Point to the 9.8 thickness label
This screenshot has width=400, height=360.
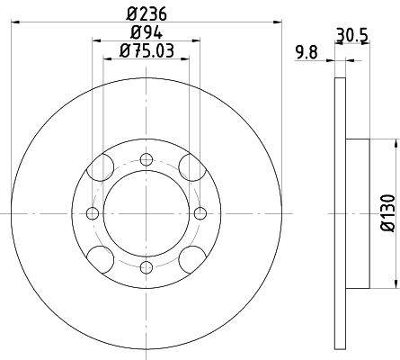[x=308, y=52]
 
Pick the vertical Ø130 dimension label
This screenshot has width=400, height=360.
[x=387, y=214]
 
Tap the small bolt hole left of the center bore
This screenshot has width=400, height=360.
[x=93, y=213]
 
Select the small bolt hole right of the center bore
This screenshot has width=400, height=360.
[x=199, y=213]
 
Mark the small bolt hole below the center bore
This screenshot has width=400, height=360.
[x=146, y=266]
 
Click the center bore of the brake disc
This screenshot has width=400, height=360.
[x=146, y=213]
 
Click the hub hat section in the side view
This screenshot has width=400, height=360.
[x=357, y=213]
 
